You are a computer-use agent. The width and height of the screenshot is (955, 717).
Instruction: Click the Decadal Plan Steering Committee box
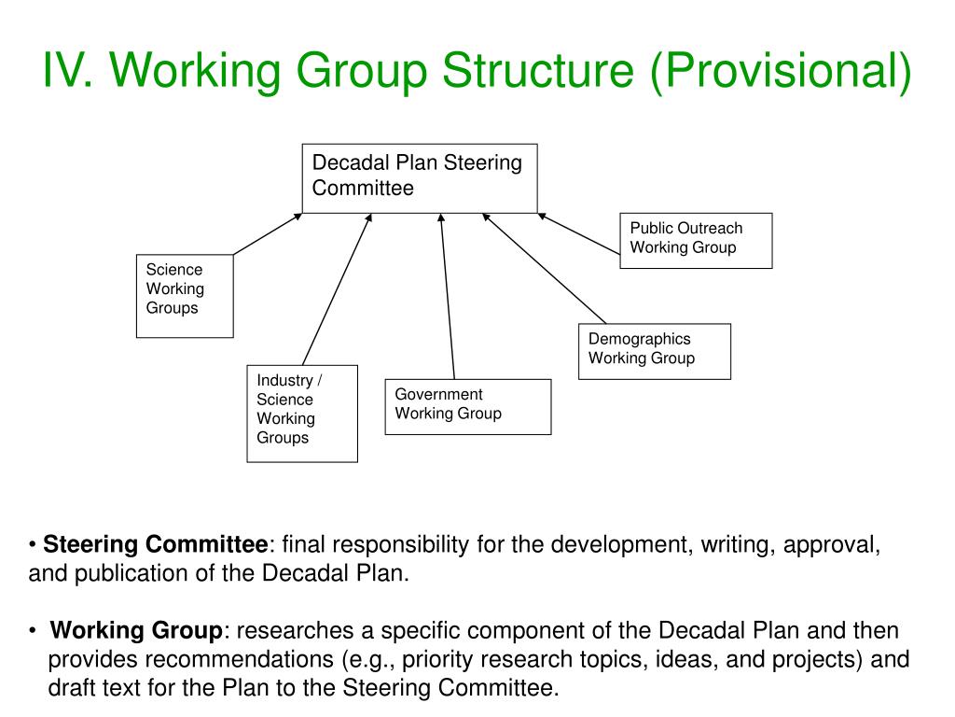pos(420,178)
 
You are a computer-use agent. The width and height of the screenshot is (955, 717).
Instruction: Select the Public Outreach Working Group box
pos(696,241)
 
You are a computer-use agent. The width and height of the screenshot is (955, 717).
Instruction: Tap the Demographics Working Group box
pos(654,351)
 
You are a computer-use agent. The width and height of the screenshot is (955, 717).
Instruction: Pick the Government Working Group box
pos(467,406)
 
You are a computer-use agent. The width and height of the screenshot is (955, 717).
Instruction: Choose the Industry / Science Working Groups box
pos(301,413)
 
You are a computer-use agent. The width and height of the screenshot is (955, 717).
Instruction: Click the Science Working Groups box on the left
pos(184,295)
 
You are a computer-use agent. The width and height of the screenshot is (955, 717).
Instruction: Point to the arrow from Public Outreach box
pos(578,233)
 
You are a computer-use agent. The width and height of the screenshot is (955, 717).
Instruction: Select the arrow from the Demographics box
pos(544,268)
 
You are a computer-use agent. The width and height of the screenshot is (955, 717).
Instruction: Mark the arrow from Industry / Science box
pos(337,289)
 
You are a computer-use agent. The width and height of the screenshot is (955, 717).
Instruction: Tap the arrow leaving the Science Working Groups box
pos(268,233)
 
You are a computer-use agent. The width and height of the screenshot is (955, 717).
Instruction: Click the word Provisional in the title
pos(781,72)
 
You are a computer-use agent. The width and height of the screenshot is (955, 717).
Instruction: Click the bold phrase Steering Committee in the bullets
pos(156,544)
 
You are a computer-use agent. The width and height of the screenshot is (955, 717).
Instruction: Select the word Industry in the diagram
pos(285,380)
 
